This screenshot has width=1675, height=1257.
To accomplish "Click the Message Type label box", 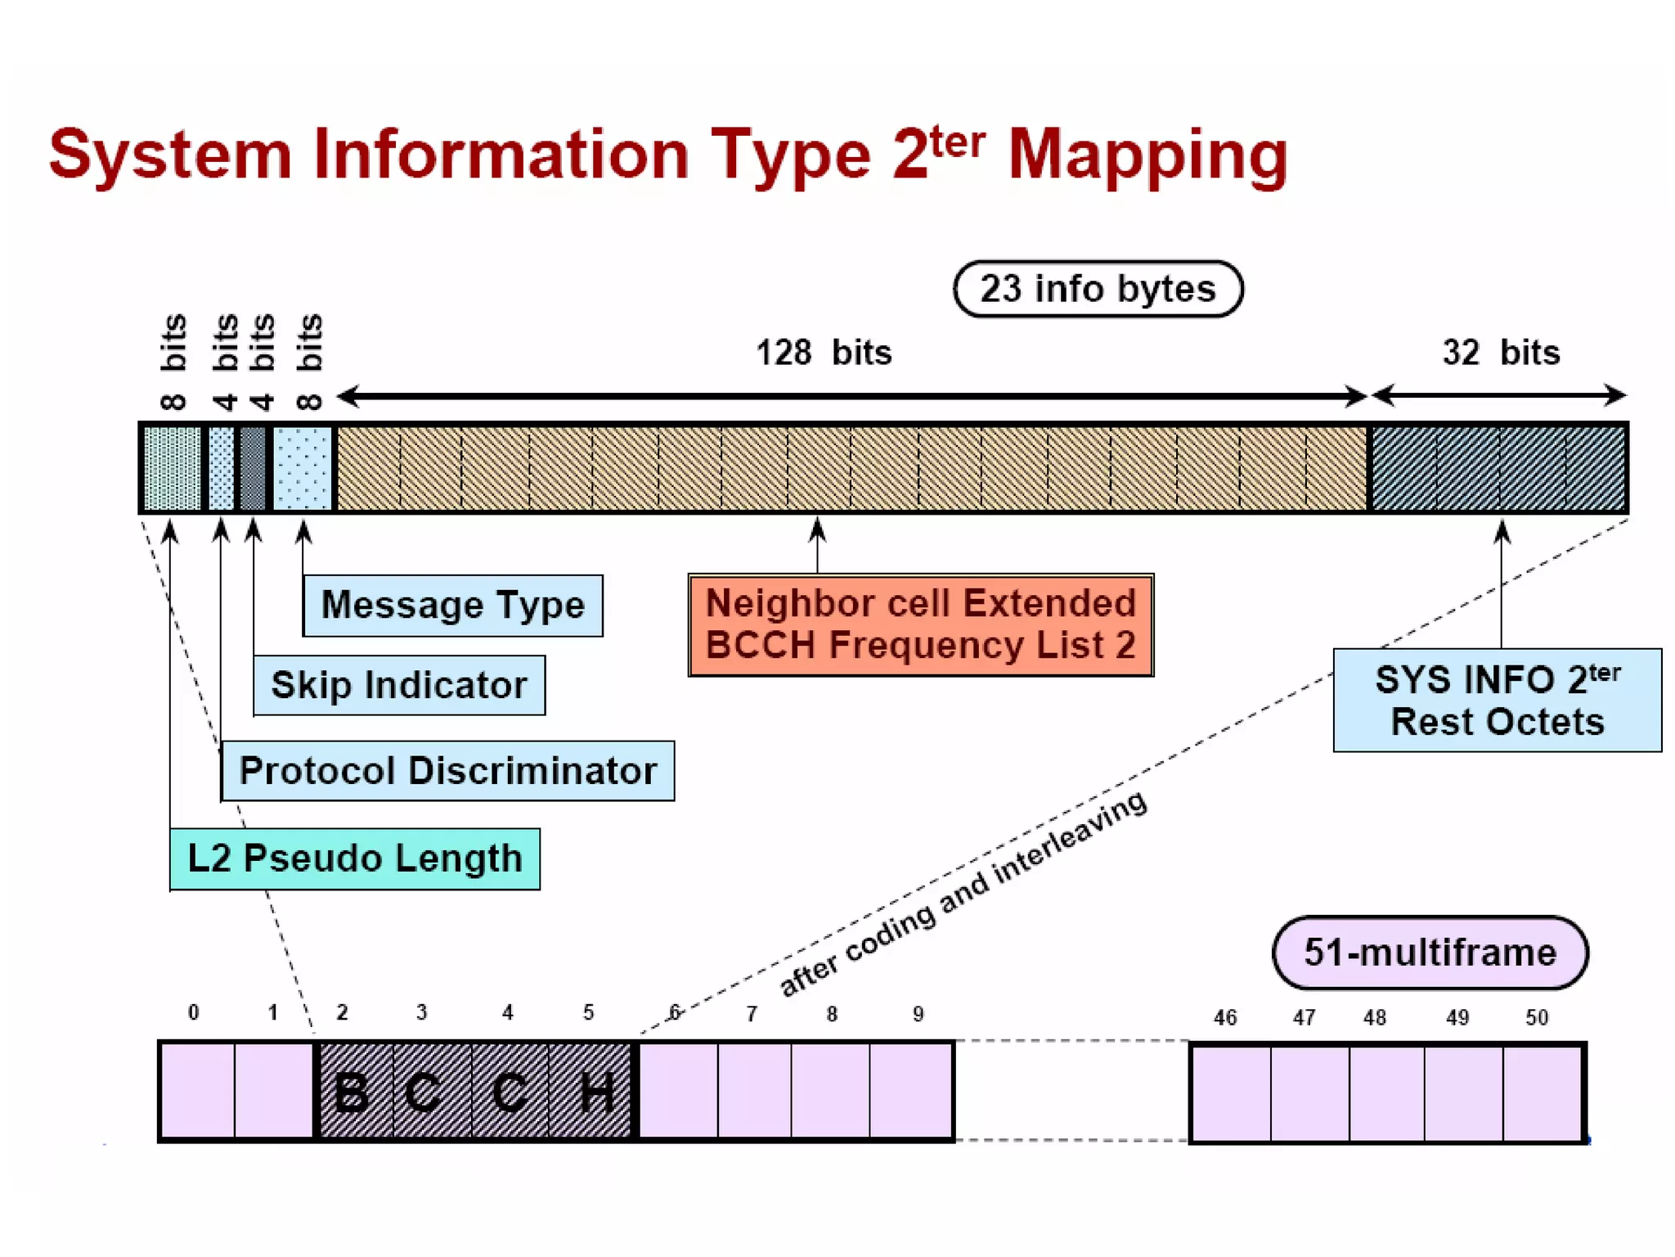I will (452, 606).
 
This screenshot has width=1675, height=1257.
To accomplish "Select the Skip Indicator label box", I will (398, 685).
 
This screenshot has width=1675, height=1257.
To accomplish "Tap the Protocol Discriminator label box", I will (447, 771).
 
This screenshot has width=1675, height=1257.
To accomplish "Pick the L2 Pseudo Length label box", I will (354, 858).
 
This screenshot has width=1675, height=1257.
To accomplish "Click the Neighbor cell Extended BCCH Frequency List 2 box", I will (920, 624).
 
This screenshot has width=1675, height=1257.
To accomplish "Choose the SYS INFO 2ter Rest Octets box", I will (1497, 701).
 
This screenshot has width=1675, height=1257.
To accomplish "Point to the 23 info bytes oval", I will (1098, 289).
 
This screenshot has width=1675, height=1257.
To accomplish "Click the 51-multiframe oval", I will (1430, 953).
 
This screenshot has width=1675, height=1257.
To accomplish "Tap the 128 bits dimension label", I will (824, 353).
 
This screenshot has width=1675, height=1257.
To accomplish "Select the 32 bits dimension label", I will (1501, 353).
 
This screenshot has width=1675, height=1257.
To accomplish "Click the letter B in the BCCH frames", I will (353, 1092).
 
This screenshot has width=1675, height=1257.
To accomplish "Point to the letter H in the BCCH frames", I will (596, 1092).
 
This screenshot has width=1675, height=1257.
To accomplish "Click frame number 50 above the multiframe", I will (1536, 1017).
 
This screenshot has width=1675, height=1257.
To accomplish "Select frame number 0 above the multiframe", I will (193, 1013).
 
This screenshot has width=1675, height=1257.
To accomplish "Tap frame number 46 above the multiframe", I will (1224, 1017).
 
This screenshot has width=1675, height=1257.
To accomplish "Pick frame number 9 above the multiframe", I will (918, 1015).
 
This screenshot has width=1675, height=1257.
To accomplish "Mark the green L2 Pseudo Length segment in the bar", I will (172, 468).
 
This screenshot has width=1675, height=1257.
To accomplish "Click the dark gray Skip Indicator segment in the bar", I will (253, 468).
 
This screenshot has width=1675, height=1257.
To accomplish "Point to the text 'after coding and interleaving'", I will (963, 894).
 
